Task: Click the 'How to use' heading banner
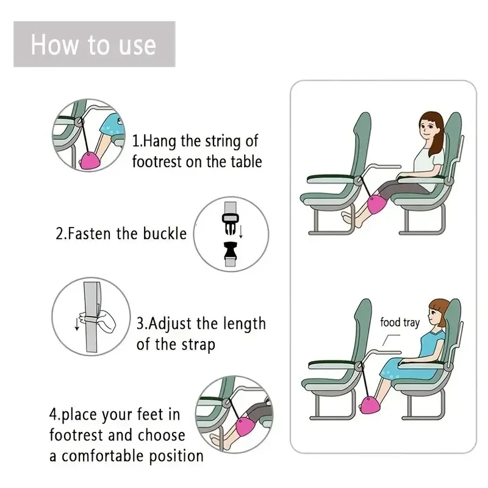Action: [94, 45]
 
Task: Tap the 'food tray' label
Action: [400, 322]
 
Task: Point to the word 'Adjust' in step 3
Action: [176, 323]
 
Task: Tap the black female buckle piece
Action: [229, 251]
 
